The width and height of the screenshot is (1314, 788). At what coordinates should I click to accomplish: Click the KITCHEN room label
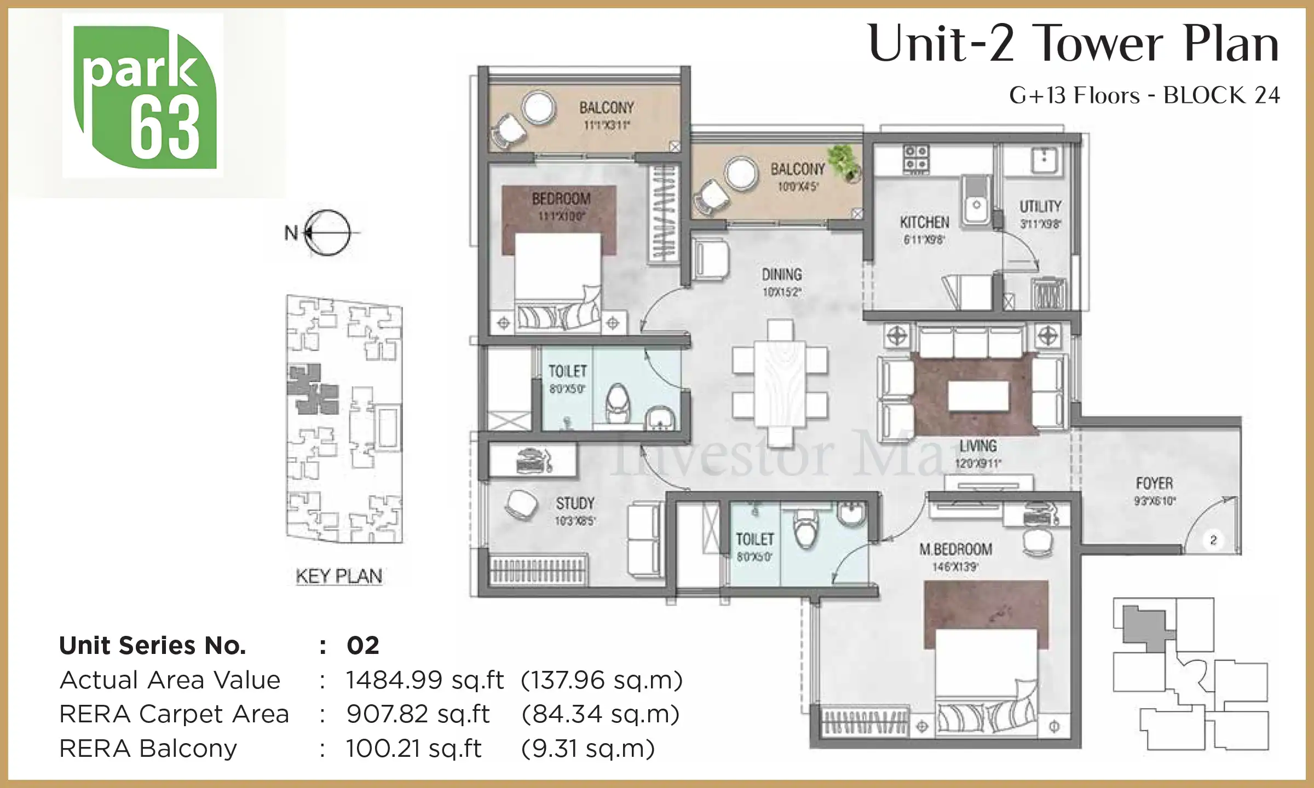click(924, 222)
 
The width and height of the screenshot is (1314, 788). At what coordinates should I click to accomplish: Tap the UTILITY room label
click(1040, 206)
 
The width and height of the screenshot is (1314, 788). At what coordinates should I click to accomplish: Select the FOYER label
click(1154, 483)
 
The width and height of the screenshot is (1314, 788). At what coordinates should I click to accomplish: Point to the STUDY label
click(575, 503)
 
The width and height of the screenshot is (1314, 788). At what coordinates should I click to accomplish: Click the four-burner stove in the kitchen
click(915, 158)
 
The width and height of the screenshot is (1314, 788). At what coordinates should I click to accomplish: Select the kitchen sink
click(976, 201)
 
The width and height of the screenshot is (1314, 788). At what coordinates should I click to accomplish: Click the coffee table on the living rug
click(978, 395)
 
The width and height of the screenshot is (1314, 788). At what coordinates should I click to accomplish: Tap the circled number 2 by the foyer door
click(1213, 540)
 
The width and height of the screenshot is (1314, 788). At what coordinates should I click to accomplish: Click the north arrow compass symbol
click(327, 233)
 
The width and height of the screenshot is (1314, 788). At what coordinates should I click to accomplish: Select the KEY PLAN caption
click(339, 576)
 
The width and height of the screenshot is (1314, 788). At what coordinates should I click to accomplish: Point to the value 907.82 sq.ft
click(418, 714)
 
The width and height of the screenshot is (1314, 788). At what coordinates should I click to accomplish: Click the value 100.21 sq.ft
click(413, 749)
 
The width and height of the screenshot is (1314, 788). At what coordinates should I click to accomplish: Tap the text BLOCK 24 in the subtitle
click(1221, 95)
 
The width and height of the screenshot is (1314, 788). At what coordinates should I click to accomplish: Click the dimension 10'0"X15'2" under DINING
click(782, 292)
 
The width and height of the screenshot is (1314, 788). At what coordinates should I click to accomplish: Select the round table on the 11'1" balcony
click(538, 107)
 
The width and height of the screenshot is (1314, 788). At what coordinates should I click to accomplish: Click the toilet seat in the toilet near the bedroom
click(618, 401)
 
